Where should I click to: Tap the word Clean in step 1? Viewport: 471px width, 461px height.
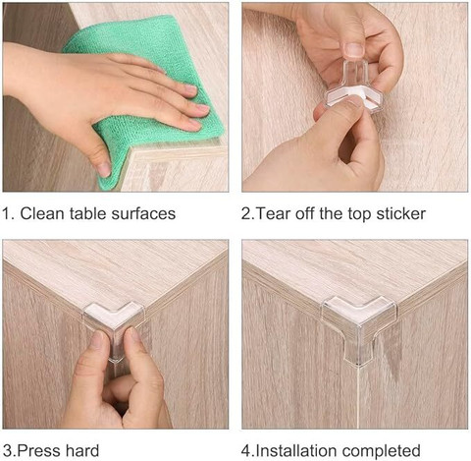click(42, 213)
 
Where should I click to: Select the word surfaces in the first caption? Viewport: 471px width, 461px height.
click(143, 213)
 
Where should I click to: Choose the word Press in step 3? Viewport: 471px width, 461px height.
click(38, 451)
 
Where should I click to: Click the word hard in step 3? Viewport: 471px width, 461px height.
click(82, 451)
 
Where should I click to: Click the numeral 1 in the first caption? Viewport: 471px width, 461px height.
click(7, 213)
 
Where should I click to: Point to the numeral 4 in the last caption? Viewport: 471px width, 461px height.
click(246, 451)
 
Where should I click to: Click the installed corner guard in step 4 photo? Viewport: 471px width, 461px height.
click(360, 324)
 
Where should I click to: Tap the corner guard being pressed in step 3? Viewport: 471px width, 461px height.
click(115, 322)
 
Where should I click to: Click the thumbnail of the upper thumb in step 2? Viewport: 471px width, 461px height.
click(354, 50)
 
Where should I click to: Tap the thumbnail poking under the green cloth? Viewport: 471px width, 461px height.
click(104, 169)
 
